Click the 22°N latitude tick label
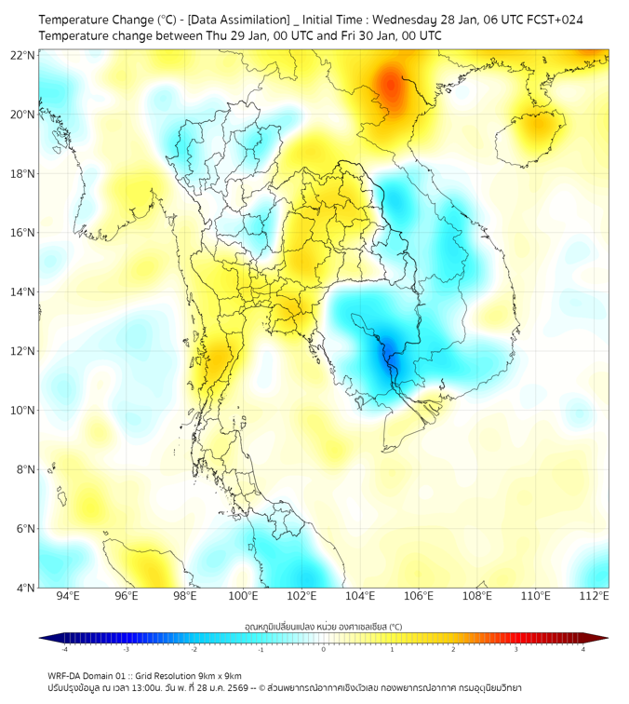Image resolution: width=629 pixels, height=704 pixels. click(x=23, y=55)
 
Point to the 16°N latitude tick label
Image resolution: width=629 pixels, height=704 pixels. click(x=23, y=233)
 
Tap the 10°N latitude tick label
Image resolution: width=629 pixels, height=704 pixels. click(x=23, y=411)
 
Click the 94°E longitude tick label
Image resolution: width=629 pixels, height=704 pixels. click(x=68, y=597)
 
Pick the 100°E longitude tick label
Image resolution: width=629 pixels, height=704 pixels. click(x=244, y=597)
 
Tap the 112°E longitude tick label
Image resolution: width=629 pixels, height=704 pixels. click(x=595, y=597)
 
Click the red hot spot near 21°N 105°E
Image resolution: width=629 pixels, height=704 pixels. click(x=391, y=88)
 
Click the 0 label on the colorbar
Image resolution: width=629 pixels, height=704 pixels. click(x=324, y=649)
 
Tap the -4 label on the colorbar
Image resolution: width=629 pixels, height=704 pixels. click(x=63, y=649)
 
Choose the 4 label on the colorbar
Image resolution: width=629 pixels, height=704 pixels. click(x=583, y=649)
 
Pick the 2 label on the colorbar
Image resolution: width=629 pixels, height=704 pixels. click(x=453, y=649)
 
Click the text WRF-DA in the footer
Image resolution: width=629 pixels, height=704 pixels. click(x=63, y=675)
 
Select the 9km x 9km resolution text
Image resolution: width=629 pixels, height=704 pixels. click(x=218, y=675)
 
